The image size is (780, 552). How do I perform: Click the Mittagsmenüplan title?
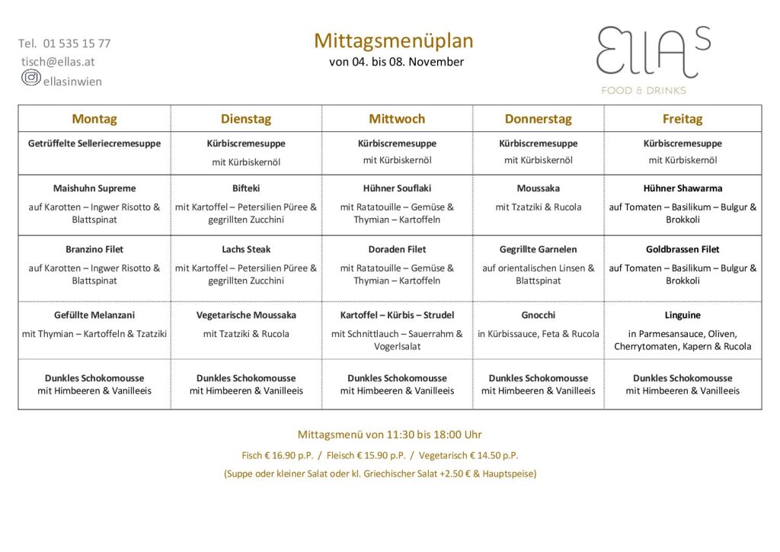(x=393, y=40)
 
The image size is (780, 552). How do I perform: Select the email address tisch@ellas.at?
(x=58, y=62)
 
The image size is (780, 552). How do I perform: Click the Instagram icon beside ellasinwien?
(x=30, y=78)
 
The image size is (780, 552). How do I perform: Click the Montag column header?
(x=94, y=119)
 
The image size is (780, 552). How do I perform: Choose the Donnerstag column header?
(x=538, y=119)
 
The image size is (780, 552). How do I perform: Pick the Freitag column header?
(x=682, y=119)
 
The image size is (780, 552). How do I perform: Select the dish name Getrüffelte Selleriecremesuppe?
(x=94, y=143)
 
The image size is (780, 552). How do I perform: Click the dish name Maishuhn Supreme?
(x=94, y=188)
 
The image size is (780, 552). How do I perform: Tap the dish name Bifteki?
(x=246, y=188)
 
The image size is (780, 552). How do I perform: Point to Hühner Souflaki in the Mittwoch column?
(x=397, y=188)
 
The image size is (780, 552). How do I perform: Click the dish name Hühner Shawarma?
(x=682, y=188)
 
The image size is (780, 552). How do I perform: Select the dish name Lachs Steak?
(x=246, y=249)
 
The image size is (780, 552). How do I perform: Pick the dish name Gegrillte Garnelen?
(x=538, y=249)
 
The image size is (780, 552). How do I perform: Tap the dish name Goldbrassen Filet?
(x=682, y=249)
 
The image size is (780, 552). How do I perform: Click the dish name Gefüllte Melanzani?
(x=94, y=315)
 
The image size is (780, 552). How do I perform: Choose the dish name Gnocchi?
(x=538, y=315)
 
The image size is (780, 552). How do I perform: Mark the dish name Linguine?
(x=682, y=315)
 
